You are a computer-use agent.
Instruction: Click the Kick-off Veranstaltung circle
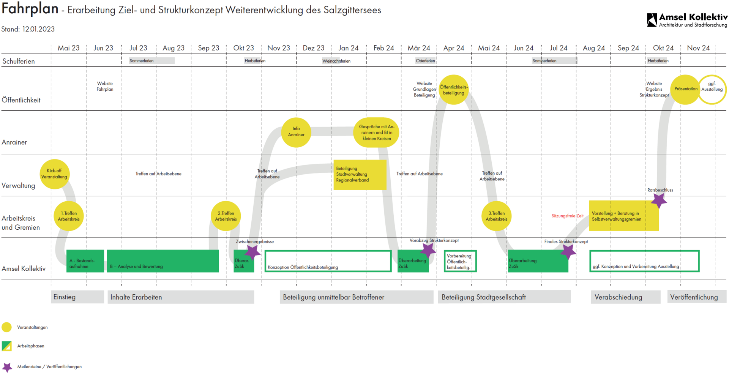pyautogui.click(x=54, y=174)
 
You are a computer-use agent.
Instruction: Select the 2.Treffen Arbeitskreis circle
pyautogui.click(x=226, y=216)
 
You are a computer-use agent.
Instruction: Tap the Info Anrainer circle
pyautogui.click(x=296, y=132)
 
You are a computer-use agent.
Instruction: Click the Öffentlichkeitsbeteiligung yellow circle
pyautogui.click(x=453, y=90)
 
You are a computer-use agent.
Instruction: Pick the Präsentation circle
pyautogui.click(x=685, y=89)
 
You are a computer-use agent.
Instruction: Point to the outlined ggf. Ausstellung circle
pyautogui.click(x=712, y=89)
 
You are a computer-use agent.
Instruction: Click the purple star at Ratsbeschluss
pyautogui.click(x=659, y=200)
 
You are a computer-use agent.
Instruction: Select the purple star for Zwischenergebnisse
pyautogui.click(x=252, y=252)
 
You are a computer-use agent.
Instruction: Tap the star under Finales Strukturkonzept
pyautogui.click(x=568, y=251)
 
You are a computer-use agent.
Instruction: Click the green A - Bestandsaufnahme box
pyautogui.click(x=85, y=261)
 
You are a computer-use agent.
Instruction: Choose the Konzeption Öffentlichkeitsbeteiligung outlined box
pyautogui.click(x=328, y=261)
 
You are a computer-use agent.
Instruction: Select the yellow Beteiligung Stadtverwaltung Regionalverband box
pyautogui.click(x=360, y=174)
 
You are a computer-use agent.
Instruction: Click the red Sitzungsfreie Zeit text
pyautogui.click(x=567, y=216)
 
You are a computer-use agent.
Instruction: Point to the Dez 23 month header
pyautogui.click(x=314, y=48)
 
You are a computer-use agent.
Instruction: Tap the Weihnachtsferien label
pyautogui.click(x=336, y=61)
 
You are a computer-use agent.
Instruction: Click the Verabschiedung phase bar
pyautogui.click(x=625, y=297)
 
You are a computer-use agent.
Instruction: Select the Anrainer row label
pyautogui.click(x=14, y=142)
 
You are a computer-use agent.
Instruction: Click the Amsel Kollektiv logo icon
pyautogui.click(x=652, y=20)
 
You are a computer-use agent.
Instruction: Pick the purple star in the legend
pyautogui.click(x=7, y=367)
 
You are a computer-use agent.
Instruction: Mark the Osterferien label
pyautogui.click(x=425, y=61)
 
